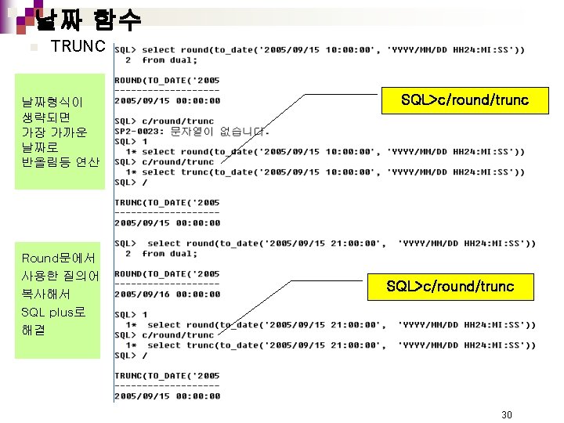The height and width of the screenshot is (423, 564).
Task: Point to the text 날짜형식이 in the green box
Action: coord(52,102)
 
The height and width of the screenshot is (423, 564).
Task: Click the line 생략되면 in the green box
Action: coord(45,117)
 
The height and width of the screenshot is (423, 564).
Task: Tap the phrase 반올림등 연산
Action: coord(60,162)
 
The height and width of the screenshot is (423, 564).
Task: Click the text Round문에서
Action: coord(58,258)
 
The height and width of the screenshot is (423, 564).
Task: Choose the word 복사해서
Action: coord(45,294)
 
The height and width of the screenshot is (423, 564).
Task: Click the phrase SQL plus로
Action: coord(53,312)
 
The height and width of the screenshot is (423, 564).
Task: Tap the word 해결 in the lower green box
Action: coord(34,330)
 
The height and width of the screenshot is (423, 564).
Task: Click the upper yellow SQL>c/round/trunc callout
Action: coord(465,100)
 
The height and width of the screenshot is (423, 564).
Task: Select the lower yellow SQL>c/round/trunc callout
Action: coord(450,287)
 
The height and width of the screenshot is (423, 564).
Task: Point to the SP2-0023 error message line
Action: coord(192,132)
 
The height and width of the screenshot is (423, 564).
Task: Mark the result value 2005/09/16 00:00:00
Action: coord(168,295)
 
